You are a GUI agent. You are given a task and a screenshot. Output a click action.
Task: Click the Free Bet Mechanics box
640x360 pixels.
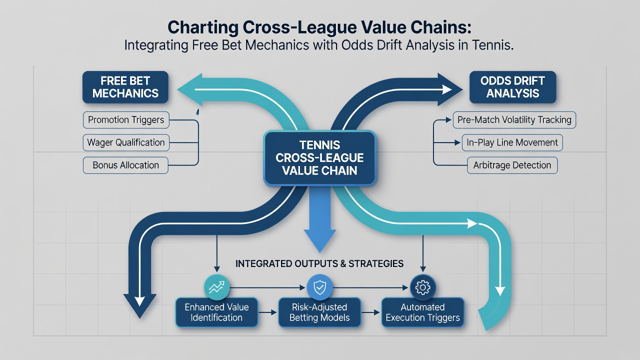[x=125, y=87]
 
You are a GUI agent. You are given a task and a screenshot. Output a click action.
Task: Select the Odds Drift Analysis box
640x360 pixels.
[x=512, y=87]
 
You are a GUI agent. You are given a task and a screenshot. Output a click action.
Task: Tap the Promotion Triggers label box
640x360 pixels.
[x=126, y=119]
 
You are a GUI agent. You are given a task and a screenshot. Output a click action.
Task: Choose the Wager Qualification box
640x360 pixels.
[x=126, y=142]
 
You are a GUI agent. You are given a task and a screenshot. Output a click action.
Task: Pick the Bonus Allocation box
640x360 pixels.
[x=125, y=165]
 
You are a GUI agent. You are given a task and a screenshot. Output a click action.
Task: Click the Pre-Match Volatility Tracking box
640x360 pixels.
[x=514, y=119]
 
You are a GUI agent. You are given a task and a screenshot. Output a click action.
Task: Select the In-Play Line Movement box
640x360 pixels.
[x=512, y=142]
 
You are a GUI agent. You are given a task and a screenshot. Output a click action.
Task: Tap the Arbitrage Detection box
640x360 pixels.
[x=512, y=165]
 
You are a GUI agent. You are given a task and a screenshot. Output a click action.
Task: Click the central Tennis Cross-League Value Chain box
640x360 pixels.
[x=319, y=158]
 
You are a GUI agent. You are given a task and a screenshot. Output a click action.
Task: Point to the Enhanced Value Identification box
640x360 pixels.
[x=216, y=312]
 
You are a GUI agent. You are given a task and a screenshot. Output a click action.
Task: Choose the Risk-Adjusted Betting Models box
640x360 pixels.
[x=319, y=312]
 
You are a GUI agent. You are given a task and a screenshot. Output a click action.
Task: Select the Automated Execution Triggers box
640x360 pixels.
[x=422, y=312]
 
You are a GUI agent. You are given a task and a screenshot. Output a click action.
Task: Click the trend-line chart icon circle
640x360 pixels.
[x=217, y=287]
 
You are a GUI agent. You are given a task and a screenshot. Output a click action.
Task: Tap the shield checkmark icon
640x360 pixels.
[x=319, y=287]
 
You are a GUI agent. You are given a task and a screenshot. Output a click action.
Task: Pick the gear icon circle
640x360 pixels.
[x=423, y=287]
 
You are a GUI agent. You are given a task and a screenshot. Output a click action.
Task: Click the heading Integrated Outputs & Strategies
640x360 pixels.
[x=319, y=263]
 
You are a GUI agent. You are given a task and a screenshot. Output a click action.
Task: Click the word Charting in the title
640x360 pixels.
[x=203, y=28]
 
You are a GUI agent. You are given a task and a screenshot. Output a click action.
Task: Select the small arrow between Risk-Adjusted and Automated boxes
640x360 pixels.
[x=370, y=313]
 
